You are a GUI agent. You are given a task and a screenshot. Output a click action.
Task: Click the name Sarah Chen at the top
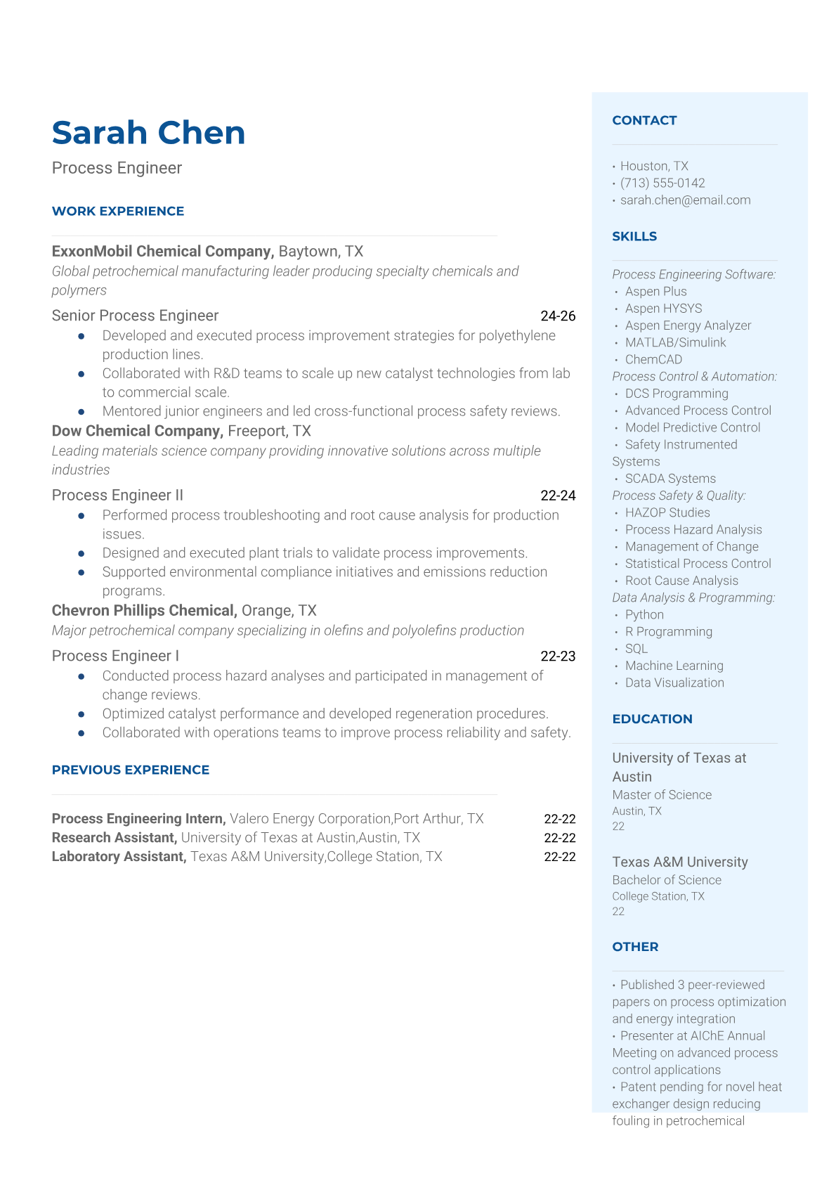pos(148,133)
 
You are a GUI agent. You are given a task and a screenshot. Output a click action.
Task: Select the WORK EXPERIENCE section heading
pos(118,211)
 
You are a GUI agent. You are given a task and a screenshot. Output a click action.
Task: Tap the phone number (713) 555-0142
pos(662,183)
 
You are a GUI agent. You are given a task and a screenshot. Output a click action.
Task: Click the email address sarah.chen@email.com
pos(685,200)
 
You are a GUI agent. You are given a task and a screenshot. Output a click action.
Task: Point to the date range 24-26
pos(558,316)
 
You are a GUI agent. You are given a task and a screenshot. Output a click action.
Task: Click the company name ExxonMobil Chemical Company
pos(162,252)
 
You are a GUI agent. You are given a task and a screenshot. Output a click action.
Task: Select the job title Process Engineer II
pos(117,496)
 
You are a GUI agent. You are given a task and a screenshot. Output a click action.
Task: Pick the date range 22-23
pos(558,657)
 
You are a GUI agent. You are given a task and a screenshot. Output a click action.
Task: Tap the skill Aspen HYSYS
pos(663,309)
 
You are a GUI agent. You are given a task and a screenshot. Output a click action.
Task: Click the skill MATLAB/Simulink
pos(675,342)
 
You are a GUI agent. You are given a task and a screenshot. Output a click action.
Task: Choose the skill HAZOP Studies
pos(667,512)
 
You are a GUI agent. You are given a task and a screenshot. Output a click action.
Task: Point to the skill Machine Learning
pos(674,666)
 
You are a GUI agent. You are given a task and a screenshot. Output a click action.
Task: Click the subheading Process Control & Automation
pos(694,377)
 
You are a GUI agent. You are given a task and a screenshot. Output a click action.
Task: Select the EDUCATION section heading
pos(652,719)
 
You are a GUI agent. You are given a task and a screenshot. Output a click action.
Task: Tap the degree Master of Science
pos(662,795)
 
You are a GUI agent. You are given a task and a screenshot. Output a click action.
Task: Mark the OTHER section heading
pos(635,947)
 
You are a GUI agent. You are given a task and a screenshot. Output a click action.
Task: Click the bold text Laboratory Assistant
pos(119,857)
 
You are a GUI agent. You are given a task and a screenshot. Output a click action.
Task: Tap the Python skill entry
pos(644,614)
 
